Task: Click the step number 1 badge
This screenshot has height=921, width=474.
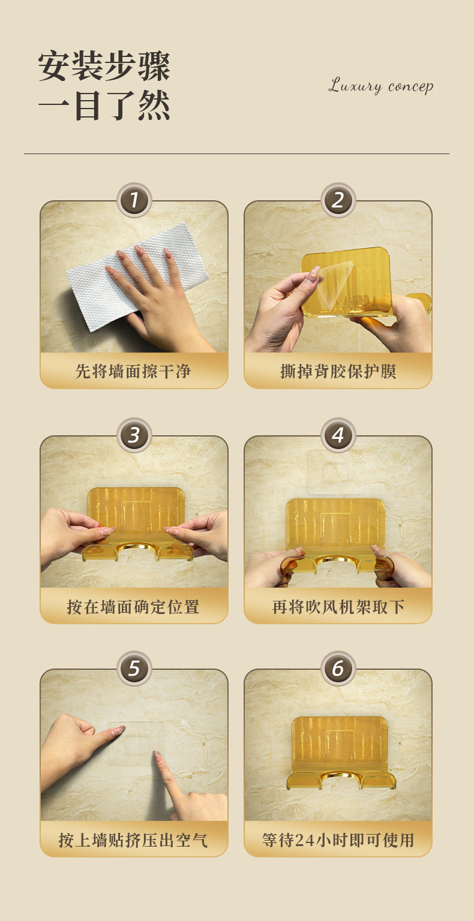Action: tap(134, 200)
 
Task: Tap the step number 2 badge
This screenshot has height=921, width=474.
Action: tap(338, 200)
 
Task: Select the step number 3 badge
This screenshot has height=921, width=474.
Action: tap(134, 435)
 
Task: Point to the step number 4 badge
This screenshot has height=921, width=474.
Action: tap(338, 435)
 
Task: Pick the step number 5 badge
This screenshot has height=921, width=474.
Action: tap(134, 669)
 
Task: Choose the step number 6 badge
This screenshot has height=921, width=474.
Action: tap(338, 669)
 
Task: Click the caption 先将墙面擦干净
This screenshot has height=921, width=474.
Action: tap(133, 371)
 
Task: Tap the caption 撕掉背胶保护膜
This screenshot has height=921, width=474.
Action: tap(338, 371)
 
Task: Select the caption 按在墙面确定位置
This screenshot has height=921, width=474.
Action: tap(133, 607)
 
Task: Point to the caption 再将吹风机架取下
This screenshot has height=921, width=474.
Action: tap(338, 607)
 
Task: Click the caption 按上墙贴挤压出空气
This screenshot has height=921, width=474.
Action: tap(133, 840)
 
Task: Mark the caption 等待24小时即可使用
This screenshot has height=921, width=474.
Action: tap(338, 840)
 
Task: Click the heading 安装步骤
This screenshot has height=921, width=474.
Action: tap(104, 66)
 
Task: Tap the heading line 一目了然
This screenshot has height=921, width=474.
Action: tap(104, 106)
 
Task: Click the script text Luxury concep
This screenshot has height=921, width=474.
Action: tap(380, 86)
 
